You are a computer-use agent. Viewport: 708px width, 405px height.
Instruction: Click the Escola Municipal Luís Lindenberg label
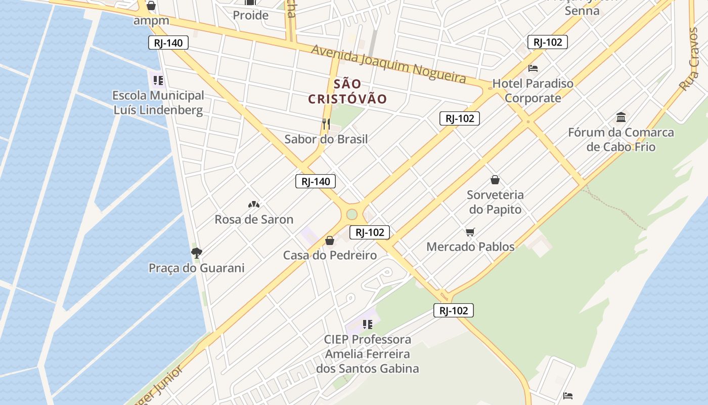coord(158,103)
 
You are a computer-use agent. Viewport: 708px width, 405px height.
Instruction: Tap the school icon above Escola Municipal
coord(158,80)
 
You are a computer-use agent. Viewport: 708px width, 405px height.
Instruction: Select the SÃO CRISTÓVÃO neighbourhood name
coord(347,92)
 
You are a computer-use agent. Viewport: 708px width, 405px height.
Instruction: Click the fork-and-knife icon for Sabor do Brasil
coord(326,124)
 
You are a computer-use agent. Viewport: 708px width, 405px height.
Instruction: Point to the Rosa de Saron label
coord(254,219)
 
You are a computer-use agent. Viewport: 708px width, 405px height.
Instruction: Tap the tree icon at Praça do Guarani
coord(196,253)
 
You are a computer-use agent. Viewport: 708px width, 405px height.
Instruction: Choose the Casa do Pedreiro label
coord(330,255)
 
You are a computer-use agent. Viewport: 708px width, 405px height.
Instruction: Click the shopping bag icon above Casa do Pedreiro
coord(330,240)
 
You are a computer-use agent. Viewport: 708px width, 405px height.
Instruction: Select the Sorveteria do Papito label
coord(495,202)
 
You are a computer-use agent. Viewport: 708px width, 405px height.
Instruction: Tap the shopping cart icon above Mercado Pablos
coord(470,232)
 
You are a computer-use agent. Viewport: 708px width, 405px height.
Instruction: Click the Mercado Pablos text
coord(470,247)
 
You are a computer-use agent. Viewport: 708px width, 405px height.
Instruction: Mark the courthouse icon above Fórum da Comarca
coord(621,118)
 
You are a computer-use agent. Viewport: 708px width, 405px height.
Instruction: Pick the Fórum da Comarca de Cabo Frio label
coord(621,140)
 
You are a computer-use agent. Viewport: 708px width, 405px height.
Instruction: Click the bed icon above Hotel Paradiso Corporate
coord(533,68)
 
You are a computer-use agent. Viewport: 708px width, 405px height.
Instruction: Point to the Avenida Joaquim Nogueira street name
coord(388,64)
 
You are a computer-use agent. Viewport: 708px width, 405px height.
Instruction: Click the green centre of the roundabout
coord(352,215)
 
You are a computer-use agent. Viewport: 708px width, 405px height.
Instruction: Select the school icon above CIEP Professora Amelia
coord(368,325)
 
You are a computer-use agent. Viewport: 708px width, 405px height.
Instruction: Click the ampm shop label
coord(151,21)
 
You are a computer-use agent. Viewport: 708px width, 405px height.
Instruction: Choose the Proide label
coord(250,15)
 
